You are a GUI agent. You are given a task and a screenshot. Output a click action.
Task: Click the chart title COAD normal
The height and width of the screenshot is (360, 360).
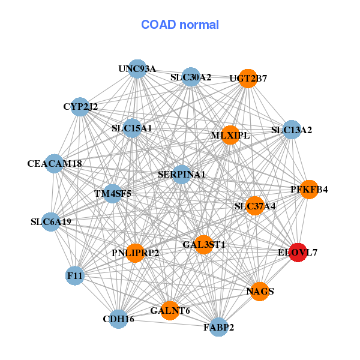180,25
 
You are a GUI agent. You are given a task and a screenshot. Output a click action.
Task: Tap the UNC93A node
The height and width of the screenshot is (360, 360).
137,69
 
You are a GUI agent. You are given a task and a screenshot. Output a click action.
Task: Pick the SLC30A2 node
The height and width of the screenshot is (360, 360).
190,77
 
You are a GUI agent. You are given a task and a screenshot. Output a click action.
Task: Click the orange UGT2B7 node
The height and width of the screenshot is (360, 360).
248,79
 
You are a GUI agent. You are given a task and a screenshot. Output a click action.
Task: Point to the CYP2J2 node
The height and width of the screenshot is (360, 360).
80,107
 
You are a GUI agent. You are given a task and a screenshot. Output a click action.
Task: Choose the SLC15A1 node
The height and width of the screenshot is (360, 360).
132,128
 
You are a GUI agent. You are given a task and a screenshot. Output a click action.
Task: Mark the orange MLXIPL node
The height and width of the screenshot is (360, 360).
230,135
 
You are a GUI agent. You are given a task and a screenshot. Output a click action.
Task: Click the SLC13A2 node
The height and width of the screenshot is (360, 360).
291,130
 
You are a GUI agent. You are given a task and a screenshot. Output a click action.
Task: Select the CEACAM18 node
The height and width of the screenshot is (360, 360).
55,163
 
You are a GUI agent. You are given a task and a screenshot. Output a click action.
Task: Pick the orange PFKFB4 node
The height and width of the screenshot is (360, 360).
309,190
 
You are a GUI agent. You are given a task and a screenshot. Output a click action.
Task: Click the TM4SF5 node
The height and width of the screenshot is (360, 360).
112,194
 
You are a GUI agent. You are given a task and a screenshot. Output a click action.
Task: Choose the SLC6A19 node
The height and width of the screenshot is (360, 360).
51,221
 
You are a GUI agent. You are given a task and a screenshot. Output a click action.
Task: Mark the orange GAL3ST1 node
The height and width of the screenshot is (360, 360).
203,244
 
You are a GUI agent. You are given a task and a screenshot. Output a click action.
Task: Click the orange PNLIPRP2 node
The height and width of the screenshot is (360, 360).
136,253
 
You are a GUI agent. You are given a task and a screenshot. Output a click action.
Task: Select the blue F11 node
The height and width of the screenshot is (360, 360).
75,276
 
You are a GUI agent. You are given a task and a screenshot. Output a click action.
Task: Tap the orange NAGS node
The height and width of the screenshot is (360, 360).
260,292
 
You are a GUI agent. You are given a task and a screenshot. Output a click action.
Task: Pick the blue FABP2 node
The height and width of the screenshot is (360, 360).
218,327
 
